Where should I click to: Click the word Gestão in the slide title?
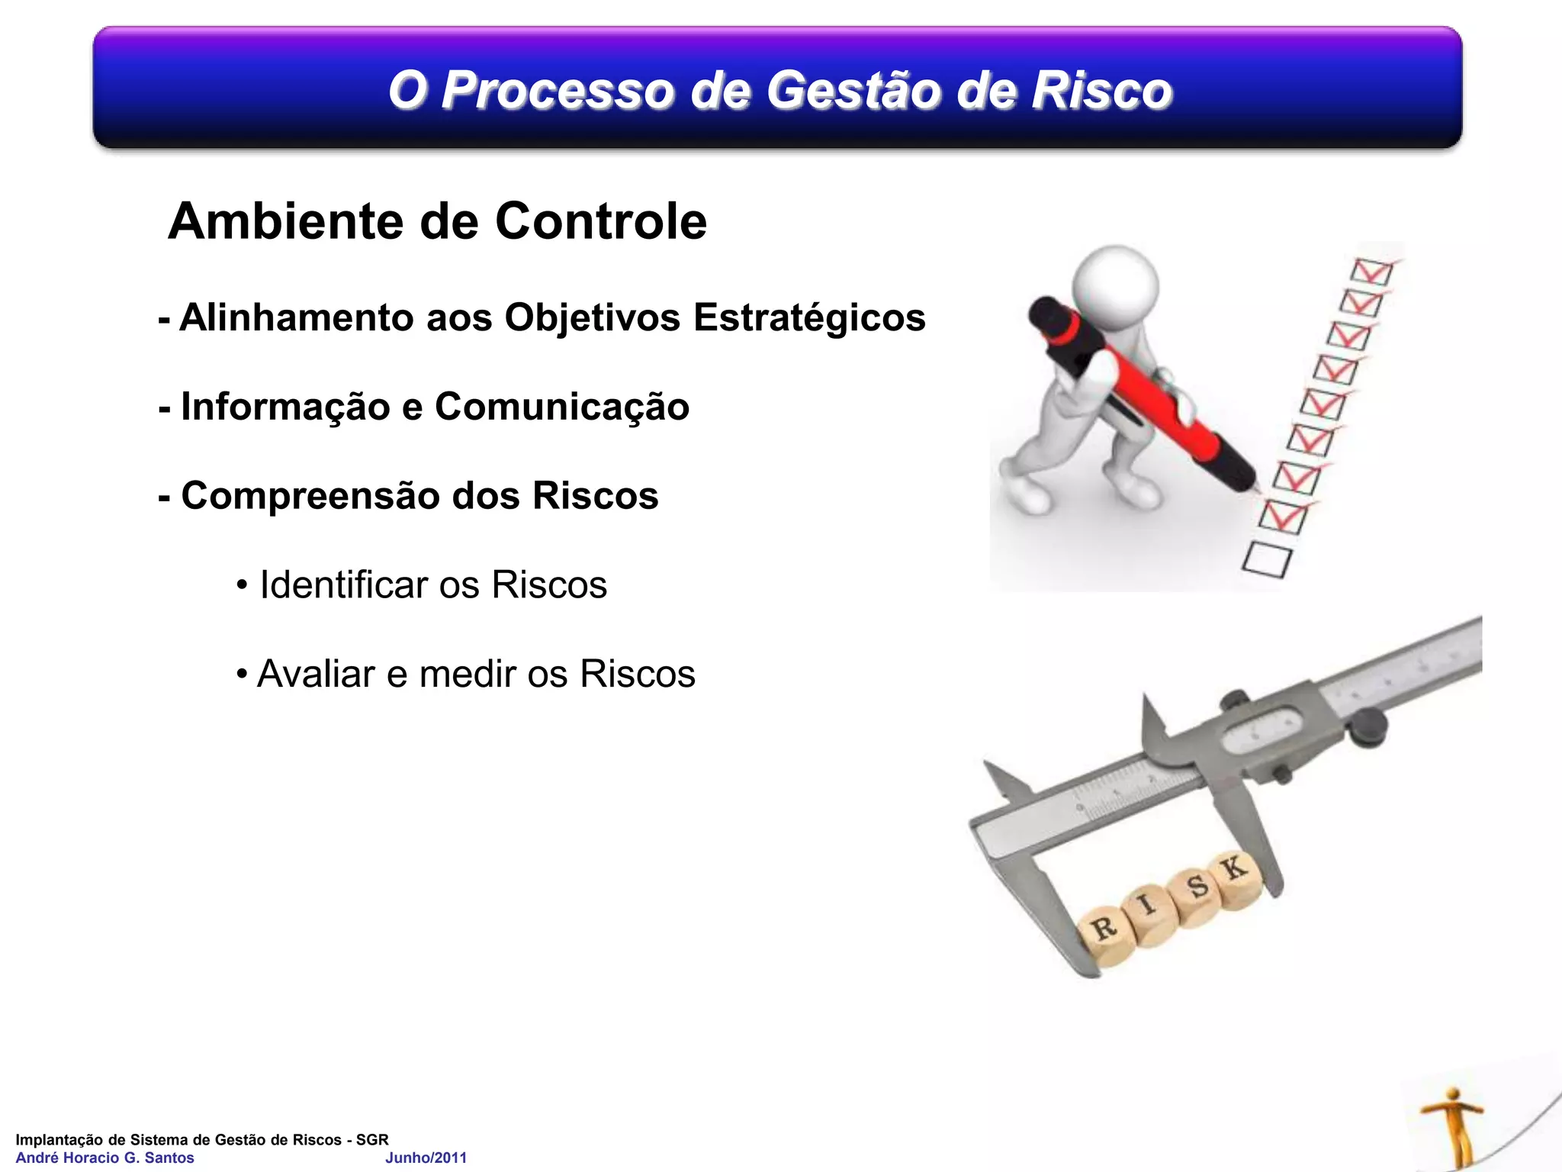tap(853, 90)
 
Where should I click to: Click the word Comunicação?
tap(561, 407)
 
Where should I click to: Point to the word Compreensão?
tap(311, 496)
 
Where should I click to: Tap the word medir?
tap(467, 675)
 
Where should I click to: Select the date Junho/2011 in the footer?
tap(426, 1158)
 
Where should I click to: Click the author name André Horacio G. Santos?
tap(105, 1158)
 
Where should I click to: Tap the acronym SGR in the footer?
tap(372, 1139)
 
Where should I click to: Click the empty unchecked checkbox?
tap(1267, 559)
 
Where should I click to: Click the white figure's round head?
tap(1115, 287)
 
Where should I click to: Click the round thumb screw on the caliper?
tap(1367, 727)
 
